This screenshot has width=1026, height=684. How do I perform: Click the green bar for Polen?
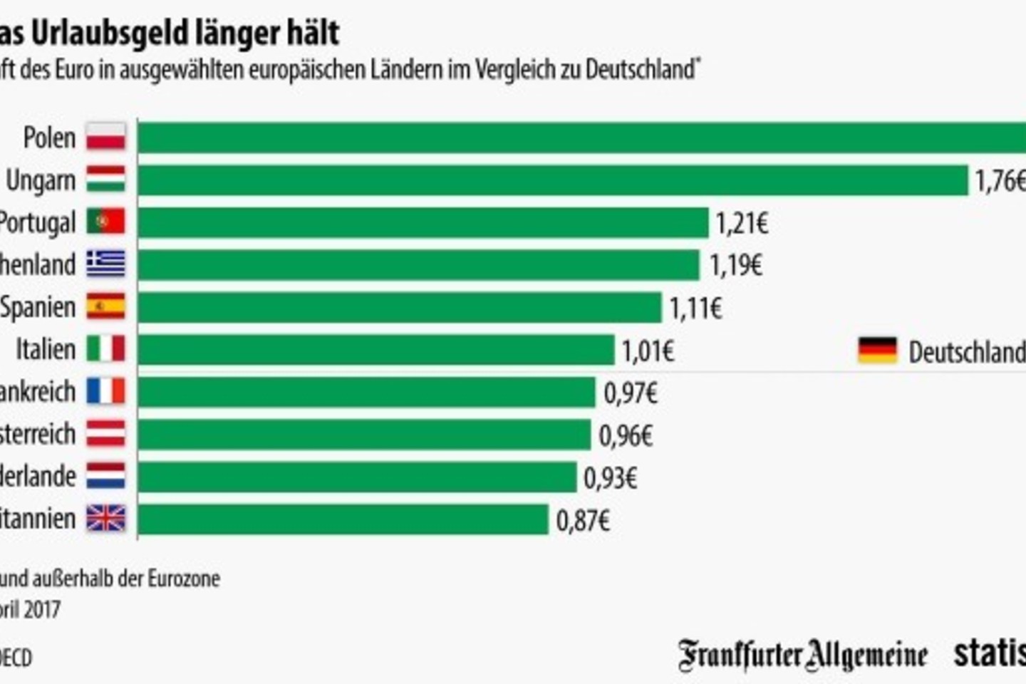[x=581, y=138]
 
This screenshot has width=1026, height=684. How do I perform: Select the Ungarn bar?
[x=552, y=180]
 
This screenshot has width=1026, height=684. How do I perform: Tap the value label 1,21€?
[x=742, y=224]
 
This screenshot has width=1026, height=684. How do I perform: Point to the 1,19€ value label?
[x=735, y=266]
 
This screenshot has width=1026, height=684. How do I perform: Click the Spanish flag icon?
[x=105, y=307]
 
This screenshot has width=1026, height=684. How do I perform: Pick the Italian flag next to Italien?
[x=105, y=349]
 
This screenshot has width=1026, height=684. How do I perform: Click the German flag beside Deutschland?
[x=877, y=351]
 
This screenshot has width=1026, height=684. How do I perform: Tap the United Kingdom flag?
[x=105, y=518]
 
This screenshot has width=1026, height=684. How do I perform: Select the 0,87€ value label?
[x=583, y=521]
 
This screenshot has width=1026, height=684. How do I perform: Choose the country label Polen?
[x=49, y=138]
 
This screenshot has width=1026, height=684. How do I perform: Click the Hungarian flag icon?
[x=105, y=180]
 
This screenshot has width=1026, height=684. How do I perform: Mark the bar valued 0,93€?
[x=356, y=477]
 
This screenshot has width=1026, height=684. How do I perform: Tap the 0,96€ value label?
[x=626, y=435]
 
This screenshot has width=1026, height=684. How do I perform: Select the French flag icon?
[x=105, y=391]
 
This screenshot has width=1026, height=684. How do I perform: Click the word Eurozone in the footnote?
[x=185, y=578]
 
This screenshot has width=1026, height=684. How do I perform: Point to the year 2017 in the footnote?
[x=42, y=610]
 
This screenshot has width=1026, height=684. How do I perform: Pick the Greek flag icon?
[x=105, y=264]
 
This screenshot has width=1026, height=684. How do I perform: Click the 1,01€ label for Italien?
[x=648, y=351]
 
